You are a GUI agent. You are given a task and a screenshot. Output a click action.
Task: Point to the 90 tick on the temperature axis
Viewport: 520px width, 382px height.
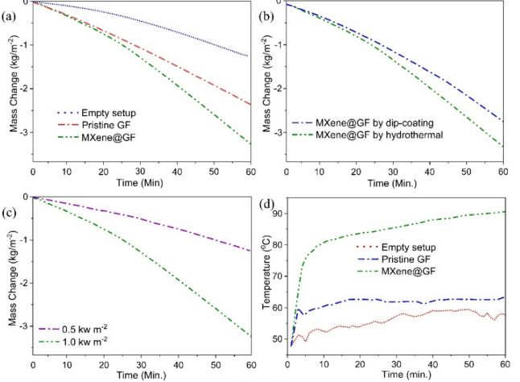tap(279, 213)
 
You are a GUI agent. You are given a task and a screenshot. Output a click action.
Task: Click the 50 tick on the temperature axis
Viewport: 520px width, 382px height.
tap(279, 339)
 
